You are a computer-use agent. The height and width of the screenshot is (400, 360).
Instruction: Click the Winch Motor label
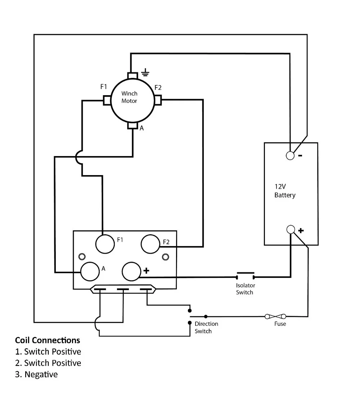[x=129, y=97]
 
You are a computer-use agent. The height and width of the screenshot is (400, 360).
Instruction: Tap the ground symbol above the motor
[x=145, y=73]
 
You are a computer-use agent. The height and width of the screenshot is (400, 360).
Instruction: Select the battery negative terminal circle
[x=290, y=155]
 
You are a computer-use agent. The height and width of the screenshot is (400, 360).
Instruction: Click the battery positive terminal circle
[x=291, y=230]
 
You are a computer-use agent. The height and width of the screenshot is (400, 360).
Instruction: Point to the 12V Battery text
[x=285, y=191]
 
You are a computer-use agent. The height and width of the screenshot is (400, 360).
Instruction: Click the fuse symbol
[x=275, y=317]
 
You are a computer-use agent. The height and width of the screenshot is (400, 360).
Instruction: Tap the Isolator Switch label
[x=246, y=289]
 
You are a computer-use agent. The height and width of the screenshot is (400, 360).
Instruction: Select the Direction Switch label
[x=206, y=327]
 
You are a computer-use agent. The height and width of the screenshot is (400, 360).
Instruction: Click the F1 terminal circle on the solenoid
[x=105, y=244]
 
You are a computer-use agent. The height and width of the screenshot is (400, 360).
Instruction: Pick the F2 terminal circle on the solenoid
[x=150, y=244]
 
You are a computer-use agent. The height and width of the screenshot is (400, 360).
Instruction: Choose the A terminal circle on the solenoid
[x=90, y=271]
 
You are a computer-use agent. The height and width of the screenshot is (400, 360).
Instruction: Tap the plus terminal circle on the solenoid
[x=131, y=271]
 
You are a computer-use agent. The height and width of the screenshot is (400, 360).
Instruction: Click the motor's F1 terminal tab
[x=107, y=100]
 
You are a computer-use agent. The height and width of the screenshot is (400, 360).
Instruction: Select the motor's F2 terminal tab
[x=158, y=100]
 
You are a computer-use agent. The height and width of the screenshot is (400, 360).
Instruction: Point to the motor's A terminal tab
[x=132, y=125]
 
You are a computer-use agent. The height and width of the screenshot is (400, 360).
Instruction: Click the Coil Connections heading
[x=48, y=340]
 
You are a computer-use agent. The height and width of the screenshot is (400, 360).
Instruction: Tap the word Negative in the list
[x=41, y=374]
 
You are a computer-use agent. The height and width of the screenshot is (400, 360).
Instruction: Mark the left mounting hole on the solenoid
[x=82, y=256]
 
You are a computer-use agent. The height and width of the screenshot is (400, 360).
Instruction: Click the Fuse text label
[x=280, y=324]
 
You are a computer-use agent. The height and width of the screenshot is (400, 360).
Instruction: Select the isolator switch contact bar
[x=246, y=273]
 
